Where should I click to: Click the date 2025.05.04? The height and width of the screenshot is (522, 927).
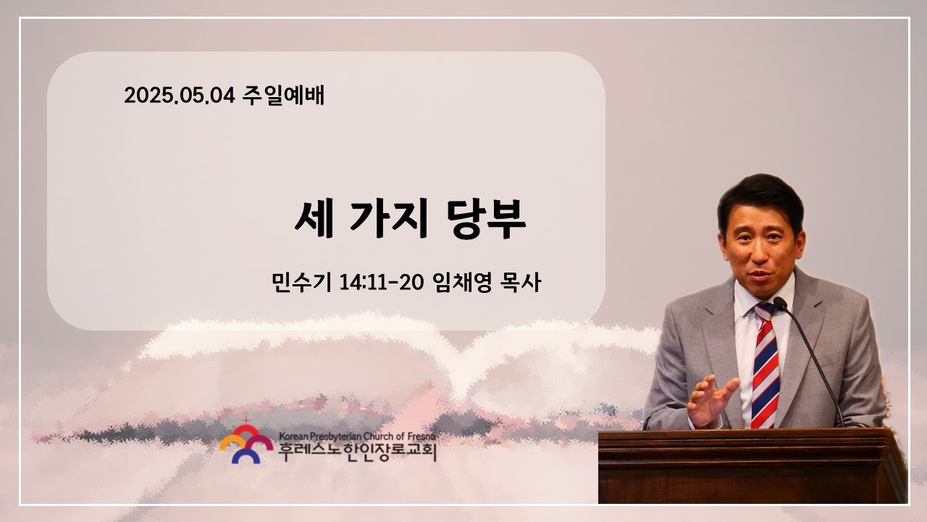180,95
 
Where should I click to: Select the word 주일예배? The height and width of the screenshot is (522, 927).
283,95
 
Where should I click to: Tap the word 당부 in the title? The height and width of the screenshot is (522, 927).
486,219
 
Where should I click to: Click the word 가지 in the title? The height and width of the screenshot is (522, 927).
388,219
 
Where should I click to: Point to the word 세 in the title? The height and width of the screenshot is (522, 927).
314,219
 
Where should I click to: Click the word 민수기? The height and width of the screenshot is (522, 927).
301,282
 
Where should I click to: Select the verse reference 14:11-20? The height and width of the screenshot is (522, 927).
381,283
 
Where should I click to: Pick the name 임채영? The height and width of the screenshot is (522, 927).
461,282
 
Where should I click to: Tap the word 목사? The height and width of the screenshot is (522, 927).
521,282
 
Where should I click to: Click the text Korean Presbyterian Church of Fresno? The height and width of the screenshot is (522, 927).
357,436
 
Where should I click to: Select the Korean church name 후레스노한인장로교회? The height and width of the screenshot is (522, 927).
357,452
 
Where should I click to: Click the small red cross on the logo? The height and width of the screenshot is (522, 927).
246,421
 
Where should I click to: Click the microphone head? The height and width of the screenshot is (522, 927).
780,304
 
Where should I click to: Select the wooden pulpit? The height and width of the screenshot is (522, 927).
752,466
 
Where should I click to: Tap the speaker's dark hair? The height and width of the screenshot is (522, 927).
760,199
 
